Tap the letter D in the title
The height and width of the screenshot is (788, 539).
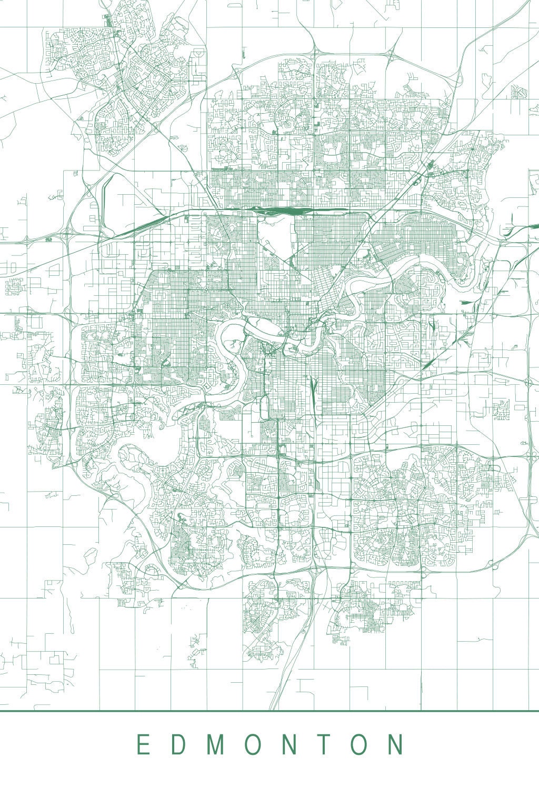(x=176, y=745)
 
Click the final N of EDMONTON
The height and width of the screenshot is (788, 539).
(x=396, y=745)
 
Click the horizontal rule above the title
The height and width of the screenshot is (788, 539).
(x=269, y=711)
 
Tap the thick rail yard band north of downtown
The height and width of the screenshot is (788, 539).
(x=279, y=211)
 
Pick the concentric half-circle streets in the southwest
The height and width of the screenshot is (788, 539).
(x=152, y=571)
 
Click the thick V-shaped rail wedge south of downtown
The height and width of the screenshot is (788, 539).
(x=313, y=387)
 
